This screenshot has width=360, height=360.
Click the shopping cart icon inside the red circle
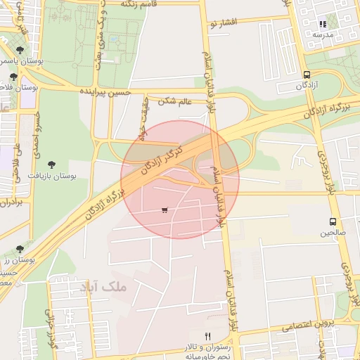(x=165, y=210)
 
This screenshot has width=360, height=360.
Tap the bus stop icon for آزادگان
(x=307, y=75)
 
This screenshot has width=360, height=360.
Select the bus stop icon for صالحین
(x=333, y=221)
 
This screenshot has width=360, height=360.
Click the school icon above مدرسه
(x=323, y=24)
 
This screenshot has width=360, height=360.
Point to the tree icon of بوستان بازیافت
(x=51, y=164)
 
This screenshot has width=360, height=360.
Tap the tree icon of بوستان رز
(x=20, y=249)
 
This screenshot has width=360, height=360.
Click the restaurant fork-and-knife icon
(x=207, y=336)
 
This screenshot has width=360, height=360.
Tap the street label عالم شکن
(x=175, y=101)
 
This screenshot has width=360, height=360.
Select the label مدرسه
(x=323, y=34)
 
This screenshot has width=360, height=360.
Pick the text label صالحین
(x=333, y=231)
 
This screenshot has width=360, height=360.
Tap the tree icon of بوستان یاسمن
(x=18, y=50)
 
